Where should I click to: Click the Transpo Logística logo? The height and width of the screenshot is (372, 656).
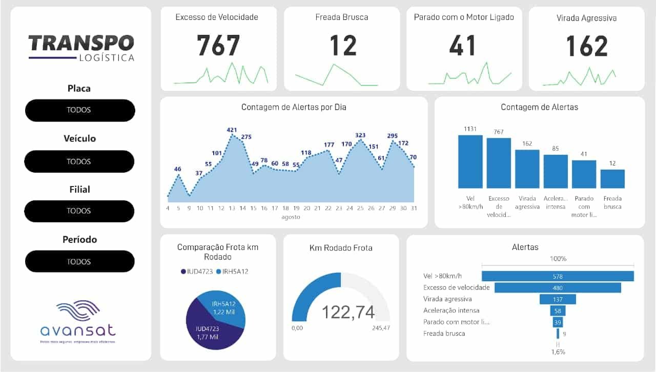tap(81, 48)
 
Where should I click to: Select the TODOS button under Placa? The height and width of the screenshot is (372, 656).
tap(79, 110)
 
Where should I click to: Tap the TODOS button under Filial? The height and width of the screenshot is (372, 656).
tap(79, 211)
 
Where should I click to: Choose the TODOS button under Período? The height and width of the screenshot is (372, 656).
tap(79, 261)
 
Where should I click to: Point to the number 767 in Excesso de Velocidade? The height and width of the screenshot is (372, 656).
tap(218, 46)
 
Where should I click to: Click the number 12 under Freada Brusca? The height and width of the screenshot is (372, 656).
tap(342, 46)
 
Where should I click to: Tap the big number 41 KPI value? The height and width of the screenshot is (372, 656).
tap(463, 46)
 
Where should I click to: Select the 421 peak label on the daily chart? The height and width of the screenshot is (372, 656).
tap(232, 130)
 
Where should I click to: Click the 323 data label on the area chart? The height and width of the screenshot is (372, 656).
tap(360, 135)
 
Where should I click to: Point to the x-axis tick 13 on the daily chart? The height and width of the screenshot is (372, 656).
tap(232, 208)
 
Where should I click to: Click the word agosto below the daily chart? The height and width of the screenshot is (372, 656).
tap(291, 217)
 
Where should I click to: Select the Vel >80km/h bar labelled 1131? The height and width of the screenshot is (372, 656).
tap(470, 161)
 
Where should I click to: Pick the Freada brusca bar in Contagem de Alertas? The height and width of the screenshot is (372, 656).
tap(612, 179)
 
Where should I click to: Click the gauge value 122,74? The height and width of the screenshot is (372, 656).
tap(348, 312)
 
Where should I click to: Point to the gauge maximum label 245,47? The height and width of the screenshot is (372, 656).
tap(381, 328)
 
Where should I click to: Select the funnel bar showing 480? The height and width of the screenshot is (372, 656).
tap(550, 287)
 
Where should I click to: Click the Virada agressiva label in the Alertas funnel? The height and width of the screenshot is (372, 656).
tap(447, 299)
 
